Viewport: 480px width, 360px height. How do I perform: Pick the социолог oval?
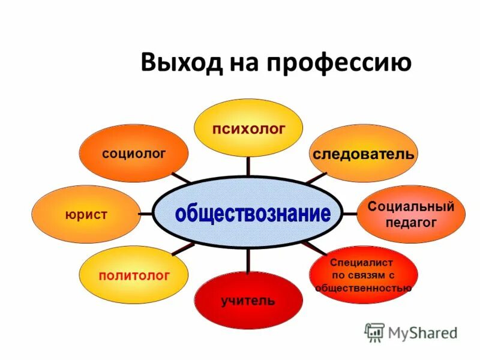[134, 153]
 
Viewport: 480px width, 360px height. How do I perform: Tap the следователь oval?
[363, 154]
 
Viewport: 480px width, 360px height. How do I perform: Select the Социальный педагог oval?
[411, 214]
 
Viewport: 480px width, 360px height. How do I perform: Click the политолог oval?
[134, 275]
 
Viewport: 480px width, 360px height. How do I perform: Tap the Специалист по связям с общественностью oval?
[363, 275]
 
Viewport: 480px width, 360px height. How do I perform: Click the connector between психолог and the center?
[248, 167]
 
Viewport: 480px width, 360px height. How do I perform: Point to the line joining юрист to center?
[145, 213]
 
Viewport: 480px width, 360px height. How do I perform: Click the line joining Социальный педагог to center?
[350, 213]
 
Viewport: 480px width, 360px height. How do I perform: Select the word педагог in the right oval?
[411, 222]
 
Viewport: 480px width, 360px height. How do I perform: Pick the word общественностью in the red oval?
[364, 287]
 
